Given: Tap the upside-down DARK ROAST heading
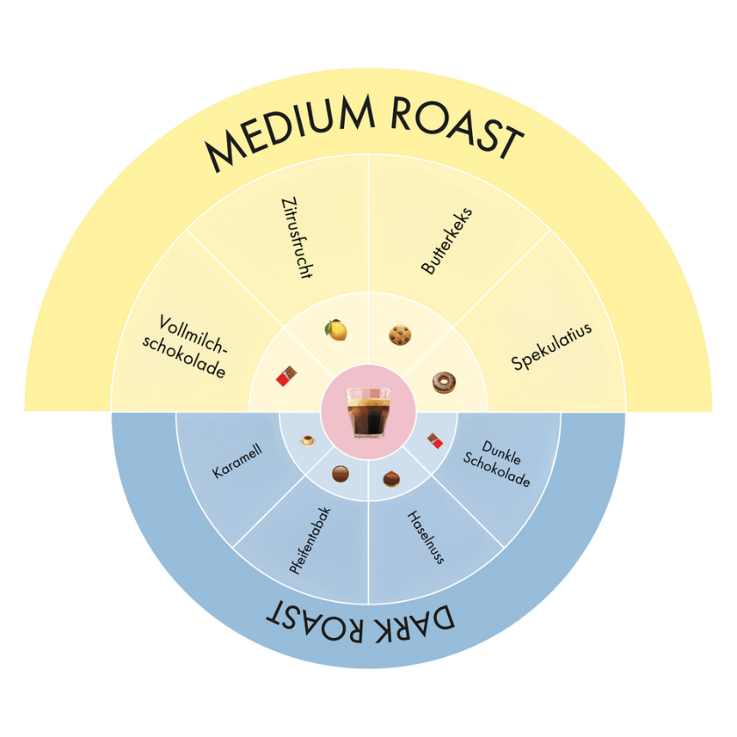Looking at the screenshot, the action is pyautogui.click(x=361, y=622).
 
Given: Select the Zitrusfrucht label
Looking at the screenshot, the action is pyautogui.click(x=297, y=239).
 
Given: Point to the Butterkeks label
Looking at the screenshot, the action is pyautogui.click(x=447, y=240).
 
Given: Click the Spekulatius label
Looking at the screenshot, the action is pyautogui.click(x=551, y=347).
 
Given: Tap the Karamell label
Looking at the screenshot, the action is pyautogui.click(x=237, y=462).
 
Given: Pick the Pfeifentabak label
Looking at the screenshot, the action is pyautogui.click(x=310, y=540).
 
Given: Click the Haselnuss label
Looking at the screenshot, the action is pyautogui.click(x=426, y=537).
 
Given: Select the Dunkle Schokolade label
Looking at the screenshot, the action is pyautogui.click(x=497, y=464).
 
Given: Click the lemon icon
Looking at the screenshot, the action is pyautogui.click(x=336, y=330).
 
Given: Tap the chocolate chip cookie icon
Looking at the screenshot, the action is pyautogui.click(x=400, y=335).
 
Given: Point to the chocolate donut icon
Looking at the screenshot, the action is pyautogui.click(x=444, y=383).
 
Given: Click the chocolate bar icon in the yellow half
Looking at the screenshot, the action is pyautogui.click(x=286, y=376).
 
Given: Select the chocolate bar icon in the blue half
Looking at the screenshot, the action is pyautogui.click(x=435, y=440).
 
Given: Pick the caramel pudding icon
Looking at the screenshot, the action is pyautogui.click(x=308, y=440).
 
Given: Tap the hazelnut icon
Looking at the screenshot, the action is pyautogui.click(x=391, y=479).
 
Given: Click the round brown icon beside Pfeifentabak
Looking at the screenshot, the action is pyautogui.click(x=340, y=474).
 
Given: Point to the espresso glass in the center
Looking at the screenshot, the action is pyautogui.click(x=368, y=412).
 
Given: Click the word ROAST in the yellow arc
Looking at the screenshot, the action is pyautogui.click(x=457, y=128).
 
